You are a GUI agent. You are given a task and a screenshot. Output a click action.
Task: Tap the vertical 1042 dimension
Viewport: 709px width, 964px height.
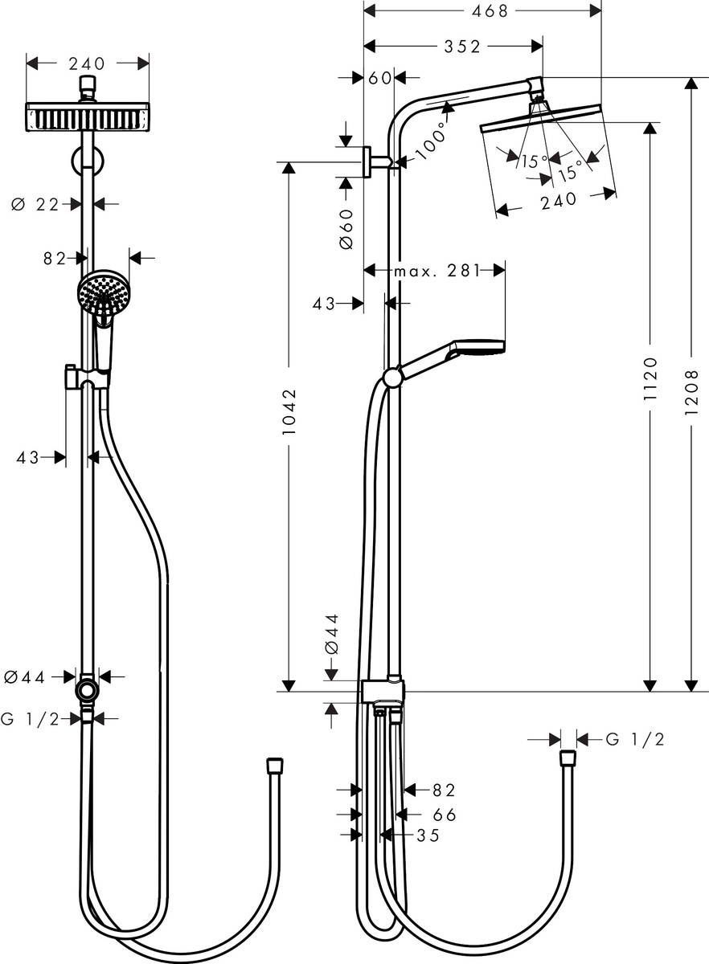click(290, 412)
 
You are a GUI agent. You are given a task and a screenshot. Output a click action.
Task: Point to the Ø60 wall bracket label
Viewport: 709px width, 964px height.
click(346, 229)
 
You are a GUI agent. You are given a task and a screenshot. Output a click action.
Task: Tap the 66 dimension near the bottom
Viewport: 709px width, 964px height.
click(444, 815)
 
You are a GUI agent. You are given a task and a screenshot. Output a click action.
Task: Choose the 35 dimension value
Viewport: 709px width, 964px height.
click(428, 835)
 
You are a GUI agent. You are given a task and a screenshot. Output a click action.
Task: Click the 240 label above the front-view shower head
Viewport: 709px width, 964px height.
click(88, 63)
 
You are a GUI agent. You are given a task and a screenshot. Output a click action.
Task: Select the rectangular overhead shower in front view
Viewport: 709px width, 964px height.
click(88, 117)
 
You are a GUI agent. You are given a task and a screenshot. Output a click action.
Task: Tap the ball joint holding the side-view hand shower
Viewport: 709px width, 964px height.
click(392, 378)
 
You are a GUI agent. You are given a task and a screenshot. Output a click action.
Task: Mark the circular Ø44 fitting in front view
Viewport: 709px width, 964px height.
click(87, 691)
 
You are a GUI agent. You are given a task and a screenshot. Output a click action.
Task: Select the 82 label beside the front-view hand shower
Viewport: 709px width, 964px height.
click(54, 258)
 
